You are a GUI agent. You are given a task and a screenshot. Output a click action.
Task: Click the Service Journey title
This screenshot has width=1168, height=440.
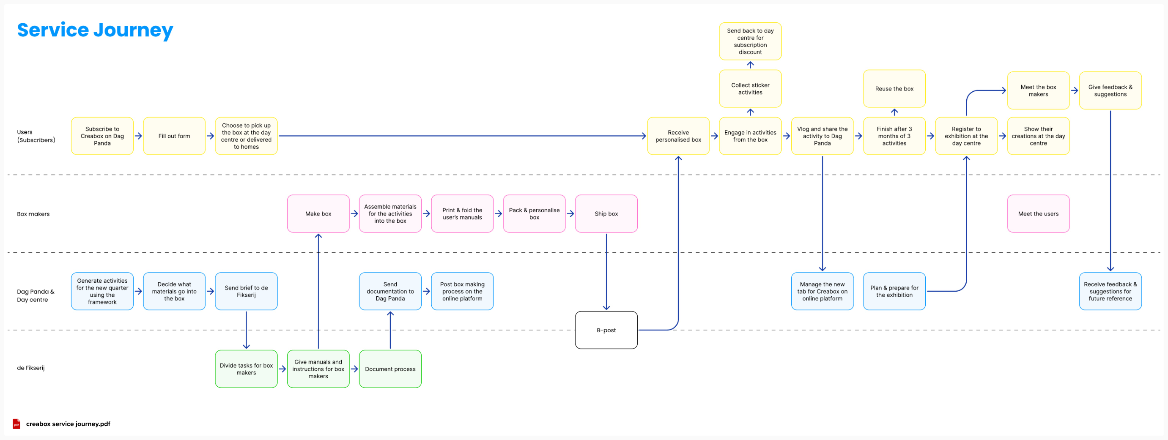(95, 30)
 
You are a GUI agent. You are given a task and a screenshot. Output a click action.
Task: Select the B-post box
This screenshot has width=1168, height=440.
(606, 330)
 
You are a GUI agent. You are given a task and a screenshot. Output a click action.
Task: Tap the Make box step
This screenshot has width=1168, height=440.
(318, 213)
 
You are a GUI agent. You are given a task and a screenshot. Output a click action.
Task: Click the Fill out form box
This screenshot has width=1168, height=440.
(174, 136)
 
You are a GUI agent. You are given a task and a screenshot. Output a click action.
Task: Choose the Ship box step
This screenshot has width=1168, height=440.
(606, 213)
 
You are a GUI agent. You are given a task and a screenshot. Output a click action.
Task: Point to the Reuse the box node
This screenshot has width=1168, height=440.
(894, 89)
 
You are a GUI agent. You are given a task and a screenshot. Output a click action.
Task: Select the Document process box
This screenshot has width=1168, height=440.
(390, 369)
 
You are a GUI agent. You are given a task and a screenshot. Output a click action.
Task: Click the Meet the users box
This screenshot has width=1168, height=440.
(1038, 213)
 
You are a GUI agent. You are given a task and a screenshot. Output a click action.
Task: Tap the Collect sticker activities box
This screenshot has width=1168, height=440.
(750, 89)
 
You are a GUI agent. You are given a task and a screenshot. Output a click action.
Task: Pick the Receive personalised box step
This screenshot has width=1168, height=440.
(678, 136)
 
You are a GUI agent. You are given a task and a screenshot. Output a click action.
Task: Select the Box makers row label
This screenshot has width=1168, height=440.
(33, 214)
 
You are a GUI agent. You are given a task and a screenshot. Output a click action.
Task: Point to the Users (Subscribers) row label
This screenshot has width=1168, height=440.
(36, 136)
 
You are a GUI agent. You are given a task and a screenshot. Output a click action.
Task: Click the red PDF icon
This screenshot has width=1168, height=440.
(16, 424)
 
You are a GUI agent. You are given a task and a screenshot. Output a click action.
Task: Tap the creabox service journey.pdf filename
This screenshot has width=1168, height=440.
(68, 424)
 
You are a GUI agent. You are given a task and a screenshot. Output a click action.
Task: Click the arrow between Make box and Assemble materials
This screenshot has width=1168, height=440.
(354, 213)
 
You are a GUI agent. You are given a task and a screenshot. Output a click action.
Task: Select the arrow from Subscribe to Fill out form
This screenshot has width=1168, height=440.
(138, 136)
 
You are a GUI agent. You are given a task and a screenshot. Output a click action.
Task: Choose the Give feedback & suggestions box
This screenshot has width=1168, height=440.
(1110, 90)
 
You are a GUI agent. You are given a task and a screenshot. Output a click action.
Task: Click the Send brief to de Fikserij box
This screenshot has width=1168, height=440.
(246, 291)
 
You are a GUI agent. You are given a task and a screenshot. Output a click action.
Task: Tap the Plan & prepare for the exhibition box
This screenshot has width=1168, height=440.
(894, 291)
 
